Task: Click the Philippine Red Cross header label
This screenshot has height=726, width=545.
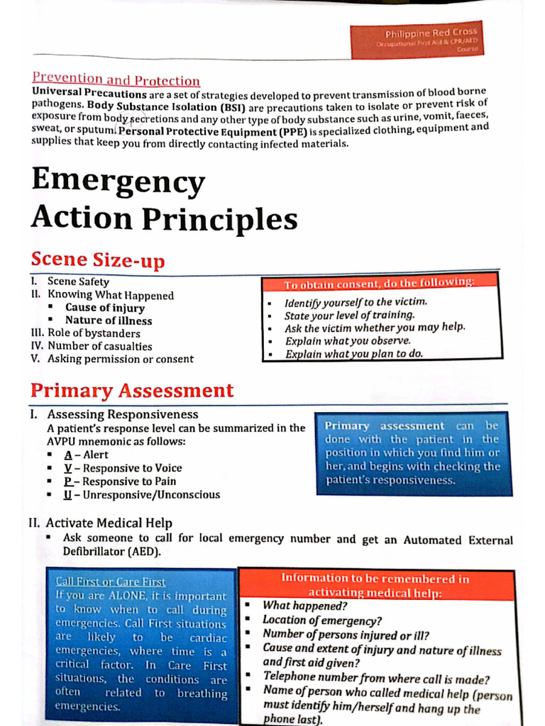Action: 431,33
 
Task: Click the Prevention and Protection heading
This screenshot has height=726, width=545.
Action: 116,80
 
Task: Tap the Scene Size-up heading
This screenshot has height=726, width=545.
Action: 97,260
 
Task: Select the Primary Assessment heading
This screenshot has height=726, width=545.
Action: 132,391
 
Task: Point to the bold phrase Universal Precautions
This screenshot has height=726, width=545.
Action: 89,94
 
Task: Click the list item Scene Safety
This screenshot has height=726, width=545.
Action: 78,281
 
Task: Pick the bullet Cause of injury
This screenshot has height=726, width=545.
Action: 105,308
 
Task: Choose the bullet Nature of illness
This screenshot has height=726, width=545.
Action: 109,320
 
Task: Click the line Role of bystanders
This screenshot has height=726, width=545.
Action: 94,333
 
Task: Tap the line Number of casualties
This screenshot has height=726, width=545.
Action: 99,346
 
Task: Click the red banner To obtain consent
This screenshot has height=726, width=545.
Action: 380,284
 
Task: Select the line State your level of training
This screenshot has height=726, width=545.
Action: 349,315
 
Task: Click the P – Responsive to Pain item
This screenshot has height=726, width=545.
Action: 119,481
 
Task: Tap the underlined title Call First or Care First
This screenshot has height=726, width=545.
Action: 110,582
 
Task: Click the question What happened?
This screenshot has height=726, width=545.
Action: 304,605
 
